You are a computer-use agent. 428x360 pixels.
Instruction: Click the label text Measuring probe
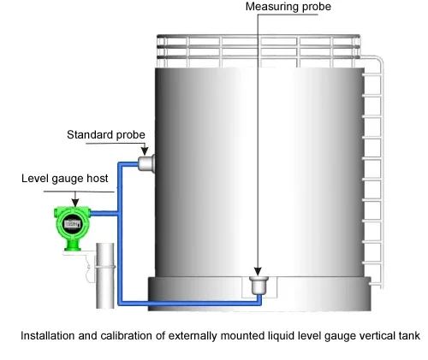[x=288, y=7]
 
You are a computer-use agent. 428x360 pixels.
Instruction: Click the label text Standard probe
[x=106, y=135]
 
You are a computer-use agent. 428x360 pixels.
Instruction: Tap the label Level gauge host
[x=65, y=179]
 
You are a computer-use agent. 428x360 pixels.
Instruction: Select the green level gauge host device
[x=73, y=228]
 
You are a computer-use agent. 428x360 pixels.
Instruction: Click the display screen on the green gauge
[x=72, y=224]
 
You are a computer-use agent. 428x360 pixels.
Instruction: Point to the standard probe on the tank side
[x=146, y=163]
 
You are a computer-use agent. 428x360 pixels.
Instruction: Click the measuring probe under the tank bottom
[x=259, y=285]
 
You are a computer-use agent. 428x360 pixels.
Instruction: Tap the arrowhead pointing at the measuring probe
[x=258, y=271]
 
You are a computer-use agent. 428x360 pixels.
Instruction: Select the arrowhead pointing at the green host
[x=75, y=203]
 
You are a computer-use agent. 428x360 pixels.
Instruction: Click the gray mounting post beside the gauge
[x=105, y=275]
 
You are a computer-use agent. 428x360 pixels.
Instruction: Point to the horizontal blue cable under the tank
[x=190, y=303]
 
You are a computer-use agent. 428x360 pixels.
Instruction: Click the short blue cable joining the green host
[x=104, y=213]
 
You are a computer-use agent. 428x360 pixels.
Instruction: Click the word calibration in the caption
[x=126, y=335]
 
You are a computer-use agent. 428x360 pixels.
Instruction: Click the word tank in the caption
[x=408, y=335]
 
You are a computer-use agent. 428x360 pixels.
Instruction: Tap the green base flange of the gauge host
[x=73, y=250]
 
